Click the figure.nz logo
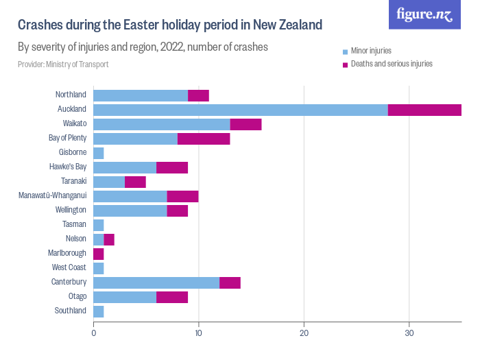point(424,14)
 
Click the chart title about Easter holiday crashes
point(169,25)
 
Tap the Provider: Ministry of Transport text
point(63,64)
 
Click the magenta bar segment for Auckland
point(424,110)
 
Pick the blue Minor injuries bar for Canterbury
point(156,283)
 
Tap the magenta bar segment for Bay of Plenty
point(204,139)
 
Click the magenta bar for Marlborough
point(98,254)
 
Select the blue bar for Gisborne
point(98,153)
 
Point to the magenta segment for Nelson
point(109,239)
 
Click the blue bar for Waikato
point(161,124)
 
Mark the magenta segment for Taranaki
point(135,182)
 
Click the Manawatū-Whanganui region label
point(52,196)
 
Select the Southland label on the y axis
point(71,311)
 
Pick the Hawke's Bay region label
point(68,167)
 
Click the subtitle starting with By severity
point(142,47)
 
